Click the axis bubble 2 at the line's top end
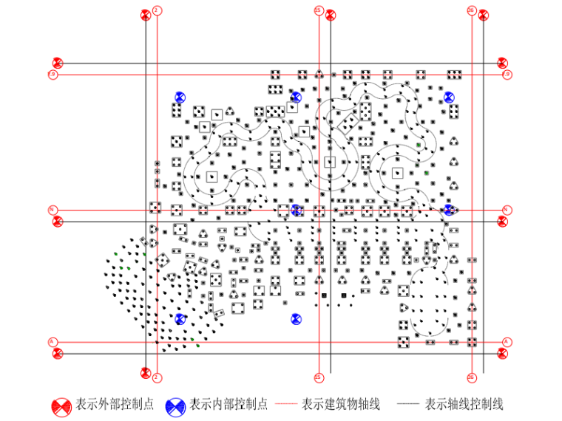click(157, 10)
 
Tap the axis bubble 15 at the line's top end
click(319, 10)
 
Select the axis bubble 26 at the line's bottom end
click(472, 377)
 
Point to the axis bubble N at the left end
click(53, 210)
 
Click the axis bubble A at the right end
click(507, 342)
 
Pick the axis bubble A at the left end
click(53, 342)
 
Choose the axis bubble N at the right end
click(507, 210)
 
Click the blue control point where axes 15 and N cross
click(297, 210)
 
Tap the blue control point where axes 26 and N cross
click(449, 210)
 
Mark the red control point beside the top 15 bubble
click(331, 15)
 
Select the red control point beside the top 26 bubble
click(483, 15)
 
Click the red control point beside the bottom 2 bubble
click(146, 373)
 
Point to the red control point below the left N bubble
click(58, 221)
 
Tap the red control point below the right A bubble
click(503, 353)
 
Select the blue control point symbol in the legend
click(176, 405)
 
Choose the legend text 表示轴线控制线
click(464, 405)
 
